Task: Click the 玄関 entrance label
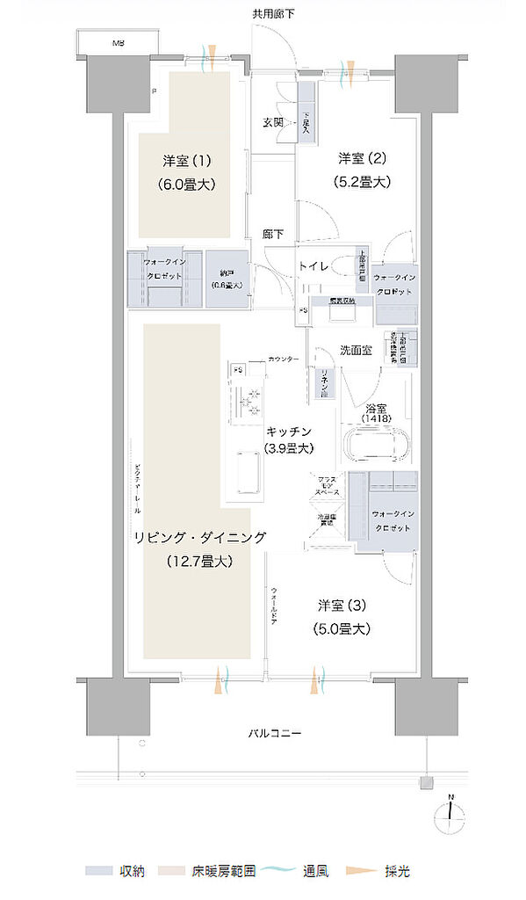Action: point(272,123)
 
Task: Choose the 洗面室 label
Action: point(355,350)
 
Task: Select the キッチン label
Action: point(288,431)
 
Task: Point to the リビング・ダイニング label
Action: point(195,537)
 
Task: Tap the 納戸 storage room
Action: point(227,279)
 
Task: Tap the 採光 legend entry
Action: point(395,871)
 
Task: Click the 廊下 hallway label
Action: point(273,235)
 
